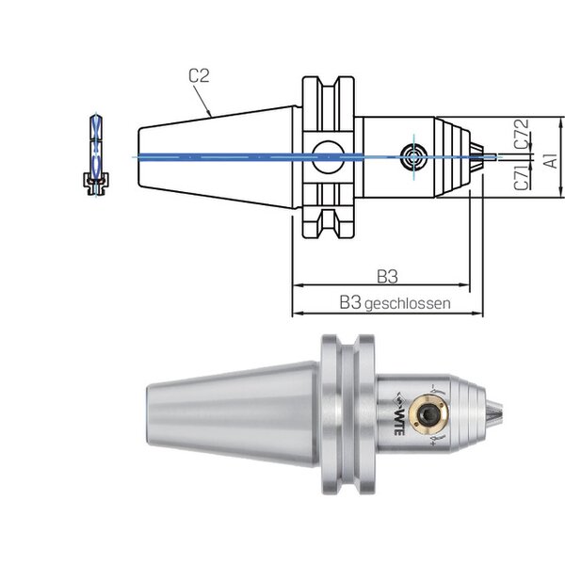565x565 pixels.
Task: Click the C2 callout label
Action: pyautogui.click(x=199, y=75)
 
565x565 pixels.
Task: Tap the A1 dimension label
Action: pyautogui.click(x=551, y=160)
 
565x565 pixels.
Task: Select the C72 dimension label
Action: pyautogui.click(x=522, y=134)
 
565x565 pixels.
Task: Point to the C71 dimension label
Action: pyautogui.click(x=522, y=177)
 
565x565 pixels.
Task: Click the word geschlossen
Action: pyautogui.click(x=408, y=304)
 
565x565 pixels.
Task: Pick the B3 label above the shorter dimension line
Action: pyautogui.click(x=387, y=277)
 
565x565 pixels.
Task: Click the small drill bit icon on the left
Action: pyautogui.click(x=95, y=155)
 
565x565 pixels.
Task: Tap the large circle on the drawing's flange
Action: pyautogui.click(x=327, y=156)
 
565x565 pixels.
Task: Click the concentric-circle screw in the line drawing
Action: pyautogui.click(x=413, y=157)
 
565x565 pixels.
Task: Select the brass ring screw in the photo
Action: pyautogui.click(x=430, y=414)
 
